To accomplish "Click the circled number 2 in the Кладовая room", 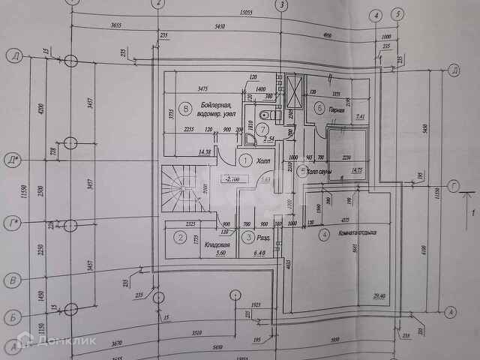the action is click(180, 238).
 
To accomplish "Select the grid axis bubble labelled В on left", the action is click(13, 281).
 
